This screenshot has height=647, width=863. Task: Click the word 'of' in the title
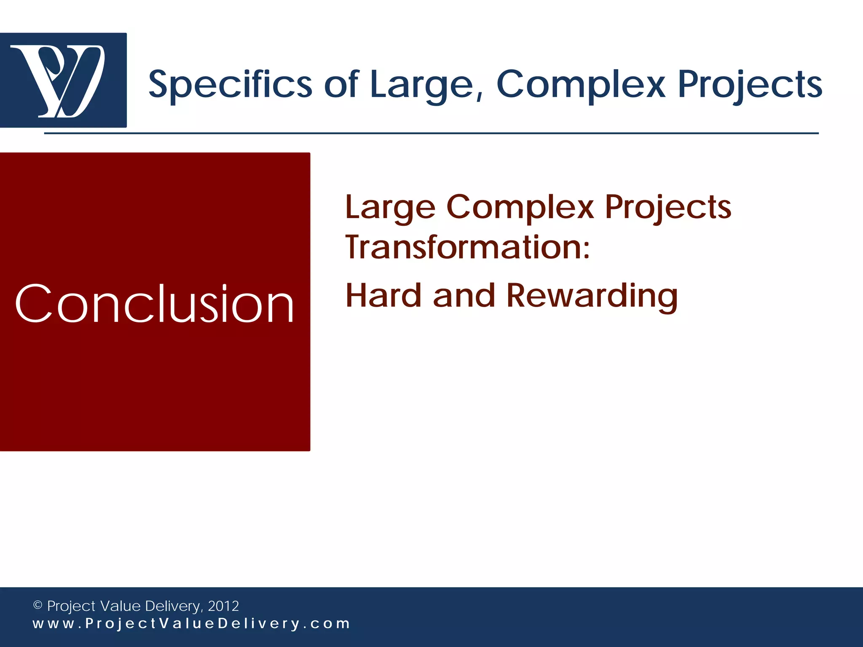(341, 84)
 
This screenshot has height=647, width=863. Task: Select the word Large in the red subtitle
(390, 208)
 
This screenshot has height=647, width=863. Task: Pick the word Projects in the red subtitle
(668, 208)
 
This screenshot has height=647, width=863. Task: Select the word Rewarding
(592, 296)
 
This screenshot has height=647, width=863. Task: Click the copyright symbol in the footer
(38, 605)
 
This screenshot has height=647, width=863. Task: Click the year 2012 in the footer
(223, 606)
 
